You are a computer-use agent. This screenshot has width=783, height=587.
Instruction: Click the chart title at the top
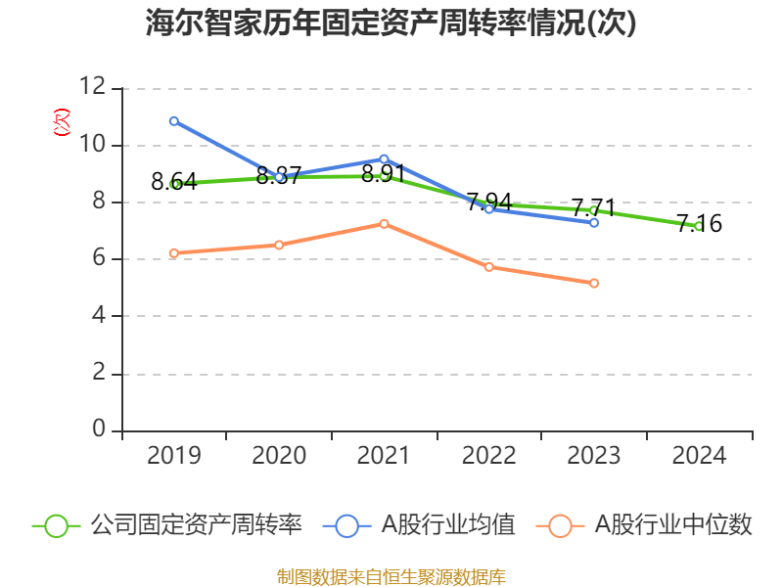[x=391, y=23]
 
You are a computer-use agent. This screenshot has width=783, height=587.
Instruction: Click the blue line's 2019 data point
[x=174, y=121]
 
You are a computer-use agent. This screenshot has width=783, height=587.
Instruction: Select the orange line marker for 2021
[x=384, y=224]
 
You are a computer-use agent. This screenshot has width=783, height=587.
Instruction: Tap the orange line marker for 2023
[x=594, y=283]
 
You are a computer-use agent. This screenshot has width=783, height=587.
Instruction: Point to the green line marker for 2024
[x=699, y=226]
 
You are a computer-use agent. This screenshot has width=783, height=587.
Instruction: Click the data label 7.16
[x=699, y=224]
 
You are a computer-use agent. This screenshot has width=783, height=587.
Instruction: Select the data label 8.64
[x=174, y=181]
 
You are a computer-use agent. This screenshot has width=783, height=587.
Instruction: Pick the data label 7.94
[x=488, y=203]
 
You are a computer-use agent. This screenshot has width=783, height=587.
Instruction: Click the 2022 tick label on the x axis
[x=488, y=456]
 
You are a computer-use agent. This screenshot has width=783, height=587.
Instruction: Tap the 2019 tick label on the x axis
[x=174, y=456]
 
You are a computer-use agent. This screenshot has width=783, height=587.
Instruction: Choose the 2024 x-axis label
[x=699, y=456]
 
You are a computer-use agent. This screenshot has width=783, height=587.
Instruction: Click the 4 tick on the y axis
[x=98, y=316]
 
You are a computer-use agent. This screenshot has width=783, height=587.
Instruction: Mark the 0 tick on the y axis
[x=98, y=430]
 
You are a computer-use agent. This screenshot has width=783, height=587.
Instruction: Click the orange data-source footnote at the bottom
[x=391, y=576]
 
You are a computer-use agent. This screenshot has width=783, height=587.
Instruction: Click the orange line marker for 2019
[x=174, y=253]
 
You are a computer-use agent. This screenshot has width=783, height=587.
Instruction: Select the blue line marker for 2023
[x=594, y=223]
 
